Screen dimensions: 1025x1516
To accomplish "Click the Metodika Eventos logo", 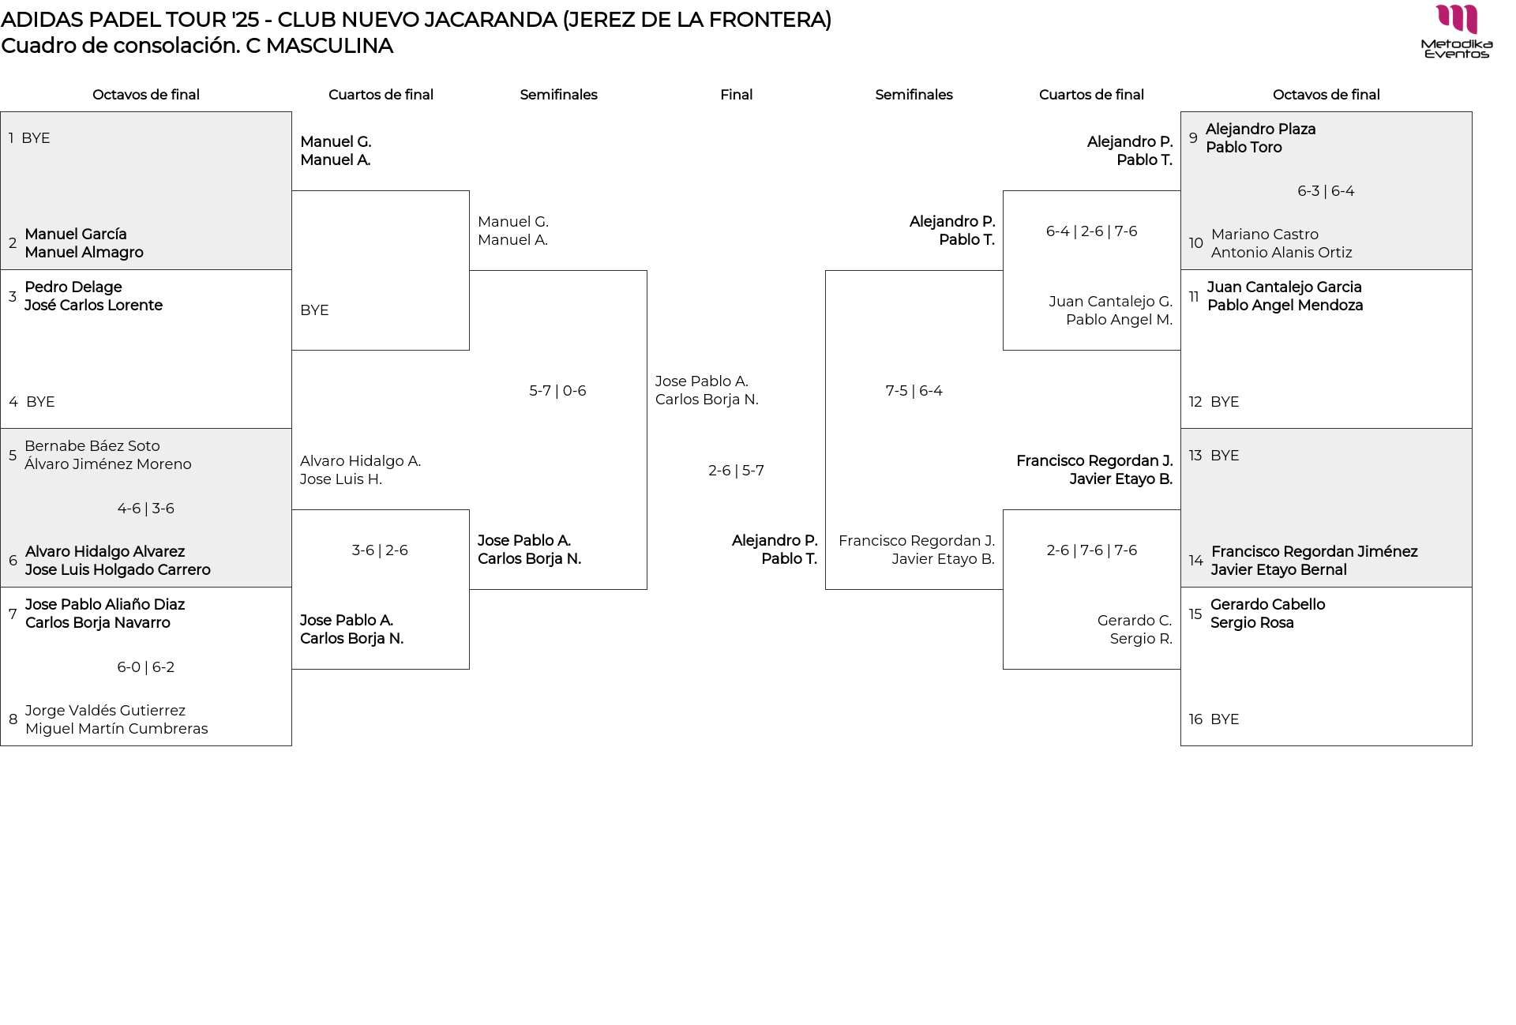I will [1456, 32].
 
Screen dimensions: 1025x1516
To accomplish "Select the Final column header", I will [736, 95].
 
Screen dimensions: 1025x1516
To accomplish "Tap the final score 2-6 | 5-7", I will [736, 471].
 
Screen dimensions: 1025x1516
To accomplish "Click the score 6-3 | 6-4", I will [1326, 191].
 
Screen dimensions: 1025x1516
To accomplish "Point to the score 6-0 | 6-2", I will [146, 667].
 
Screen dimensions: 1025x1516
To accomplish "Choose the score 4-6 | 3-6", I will [146, 509].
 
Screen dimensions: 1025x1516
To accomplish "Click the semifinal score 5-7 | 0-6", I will [557, 391].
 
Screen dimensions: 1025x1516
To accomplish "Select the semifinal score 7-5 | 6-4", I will [914, 391].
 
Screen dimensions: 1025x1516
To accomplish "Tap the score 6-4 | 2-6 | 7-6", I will [1091, 231].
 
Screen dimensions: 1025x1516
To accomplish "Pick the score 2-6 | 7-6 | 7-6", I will [1091, 550].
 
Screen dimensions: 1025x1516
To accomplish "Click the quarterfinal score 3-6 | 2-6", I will [380, 550].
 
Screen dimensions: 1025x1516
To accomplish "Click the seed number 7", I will [13, 614].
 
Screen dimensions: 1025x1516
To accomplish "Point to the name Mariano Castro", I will [1264, 235].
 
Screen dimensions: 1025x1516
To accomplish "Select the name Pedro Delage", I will [73, 287].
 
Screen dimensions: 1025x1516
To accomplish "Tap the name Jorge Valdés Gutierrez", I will [105, 711].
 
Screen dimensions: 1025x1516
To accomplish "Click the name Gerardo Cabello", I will [1267, 605].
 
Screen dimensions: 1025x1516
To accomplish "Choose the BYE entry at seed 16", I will [1224, 719].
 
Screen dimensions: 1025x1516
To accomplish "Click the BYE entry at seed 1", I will [36, 138].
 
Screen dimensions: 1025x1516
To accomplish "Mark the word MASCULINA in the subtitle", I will [329, 46].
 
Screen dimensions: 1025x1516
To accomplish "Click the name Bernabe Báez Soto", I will [92, 446].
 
